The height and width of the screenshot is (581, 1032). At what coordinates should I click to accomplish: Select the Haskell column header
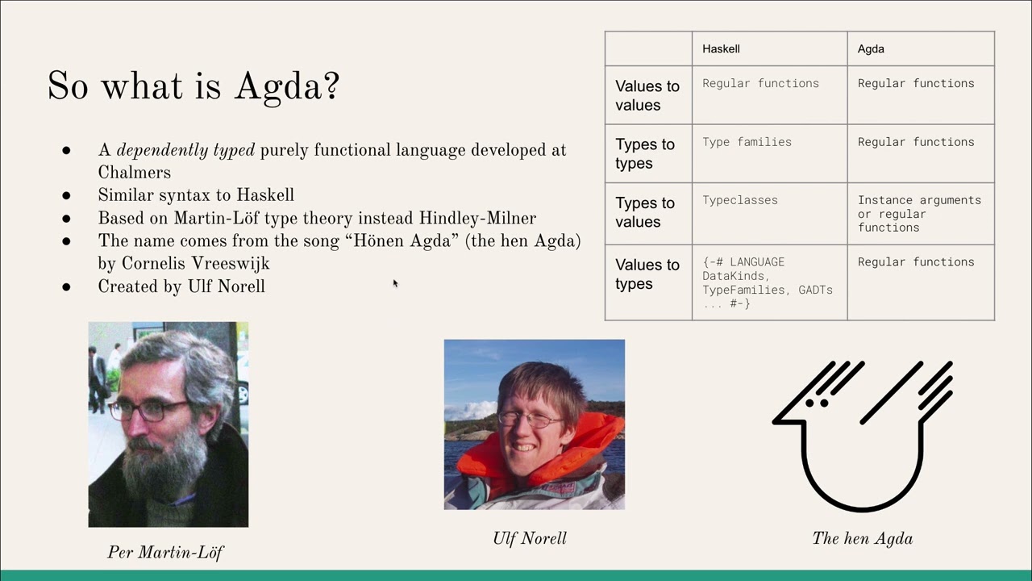coord(721,49)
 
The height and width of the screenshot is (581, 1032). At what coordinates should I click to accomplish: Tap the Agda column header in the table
coord(871,49)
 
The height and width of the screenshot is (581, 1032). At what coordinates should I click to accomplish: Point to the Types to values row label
coord(645,212)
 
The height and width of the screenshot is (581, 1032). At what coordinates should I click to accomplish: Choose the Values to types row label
coord(647,274)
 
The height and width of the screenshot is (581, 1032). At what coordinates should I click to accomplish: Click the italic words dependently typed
coord(185,150)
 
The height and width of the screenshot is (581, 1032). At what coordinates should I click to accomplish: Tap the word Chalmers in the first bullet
coord(135,173)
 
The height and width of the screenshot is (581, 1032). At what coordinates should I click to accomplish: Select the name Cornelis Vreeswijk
coord(195,264)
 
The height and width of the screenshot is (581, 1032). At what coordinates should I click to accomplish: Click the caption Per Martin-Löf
coord(165,552)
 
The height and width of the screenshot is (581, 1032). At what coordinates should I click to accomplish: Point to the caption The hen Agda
coord(863,538)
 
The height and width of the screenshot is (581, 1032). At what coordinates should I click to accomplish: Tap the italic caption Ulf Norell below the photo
coord(530,538)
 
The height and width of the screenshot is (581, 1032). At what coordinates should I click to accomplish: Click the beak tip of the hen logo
coord(774,421)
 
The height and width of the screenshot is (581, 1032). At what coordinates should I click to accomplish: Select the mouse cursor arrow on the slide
coord(395,283)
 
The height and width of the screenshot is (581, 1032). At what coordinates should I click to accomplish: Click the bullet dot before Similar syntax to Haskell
coord(66,195)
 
